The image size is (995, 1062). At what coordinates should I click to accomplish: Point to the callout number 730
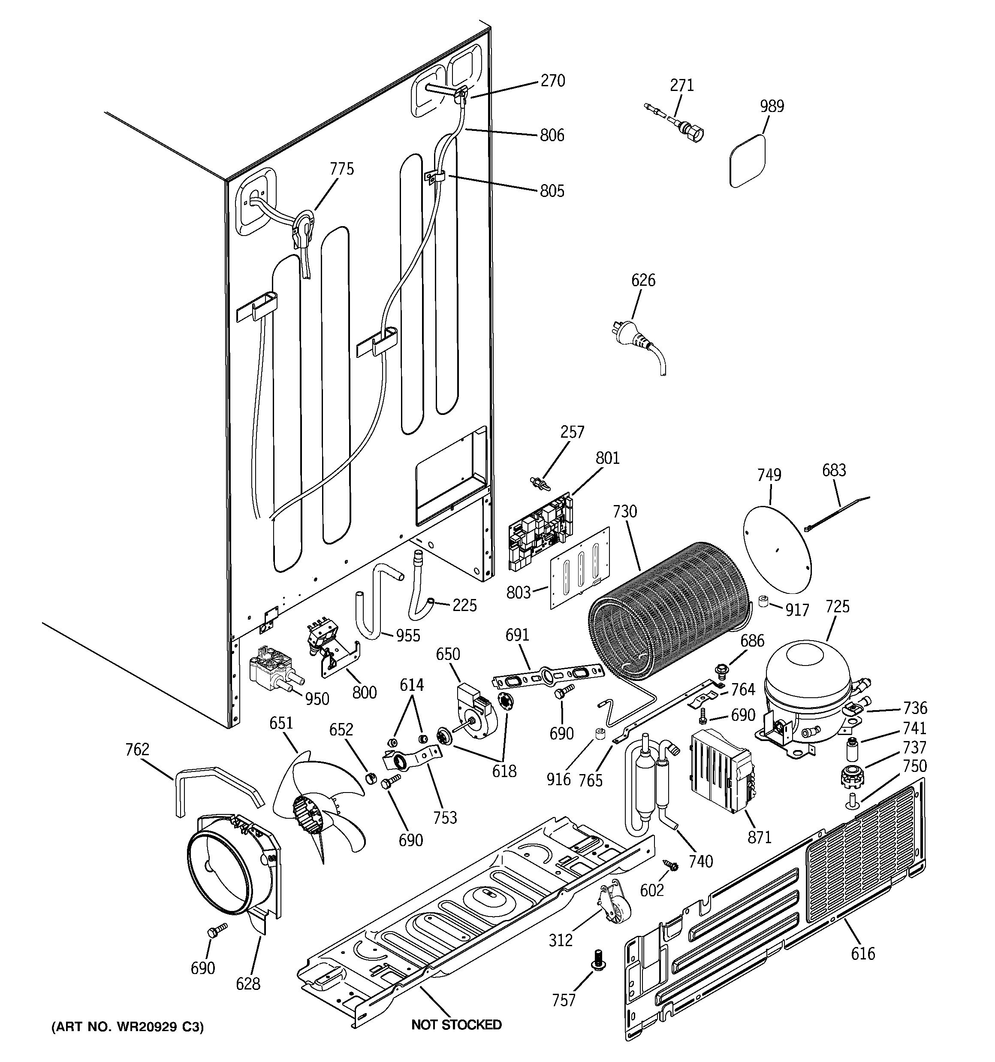tap(625, 512)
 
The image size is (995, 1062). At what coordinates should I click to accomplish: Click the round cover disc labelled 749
tap(777, 549)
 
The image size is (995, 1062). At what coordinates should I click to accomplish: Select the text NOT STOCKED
tap(456, 1025)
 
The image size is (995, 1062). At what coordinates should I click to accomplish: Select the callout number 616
tap(863, 953)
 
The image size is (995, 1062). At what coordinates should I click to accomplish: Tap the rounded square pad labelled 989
tap(749, 160)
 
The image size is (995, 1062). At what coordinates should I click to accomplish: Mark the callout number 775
tap(341, 169)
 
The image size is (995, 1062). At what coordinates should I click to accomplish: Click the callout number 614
tap(412, 685)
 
